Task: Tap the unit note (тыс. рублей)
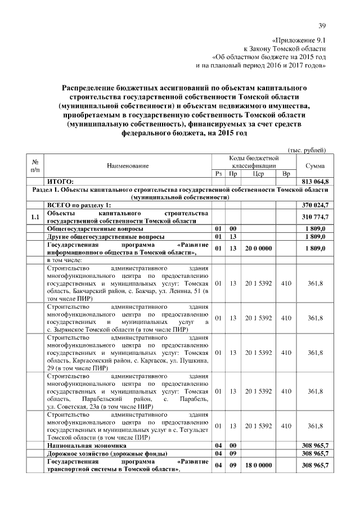pos(307,150)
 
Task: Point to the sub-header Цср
pos(258,174)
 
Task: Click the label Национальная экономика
pos(87,445)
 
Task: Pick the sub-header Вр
pos(285,174)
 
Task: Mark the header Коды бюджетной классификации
pos(254,161)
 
